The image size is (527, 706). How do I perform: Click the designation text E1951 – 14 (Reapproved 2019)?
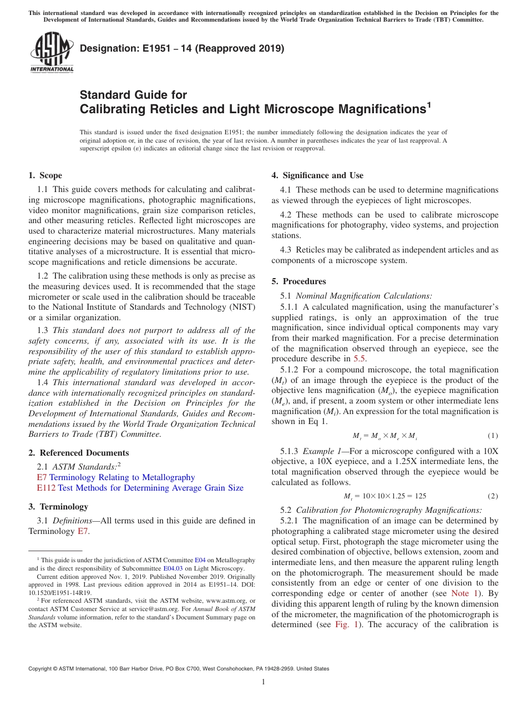(x=182, y=48)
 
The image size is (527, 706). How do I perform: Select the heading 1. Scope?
(x=45, y=175)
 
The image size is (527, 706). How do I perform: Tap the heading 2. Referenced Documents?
(x=78, y=453)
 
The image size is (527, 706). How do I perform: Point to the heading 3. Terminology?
(x=58, y=507)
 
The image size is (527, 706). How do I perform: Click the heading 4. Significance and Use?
(x=317, y=175)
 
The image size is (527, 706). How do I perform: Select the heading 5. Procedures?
(x=298, y=281)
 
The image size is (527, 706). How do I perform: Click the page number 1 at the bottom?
(x=263, y=682)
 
